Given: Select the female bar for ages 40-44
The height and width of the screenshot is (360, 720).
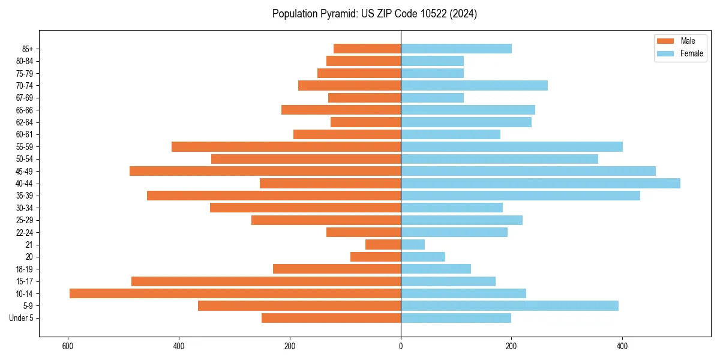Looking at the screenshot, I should (x=540, y=183).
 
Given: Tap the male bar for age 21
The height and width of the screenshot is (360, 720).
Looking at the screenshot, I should (x=383, y=244).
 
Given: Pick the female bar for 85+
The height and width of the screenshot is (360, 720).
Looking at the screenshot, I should (x=456, y=49).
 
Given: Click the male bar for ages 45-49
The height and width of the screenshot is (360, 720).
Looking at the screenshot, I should (x=265, y=171).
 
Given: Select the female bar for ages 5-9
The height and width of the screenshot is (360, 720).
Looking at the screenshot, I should (x=509, y=305).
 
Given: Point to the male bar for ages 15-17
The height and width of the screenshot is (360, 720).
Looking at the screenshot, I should (x=266, y=281).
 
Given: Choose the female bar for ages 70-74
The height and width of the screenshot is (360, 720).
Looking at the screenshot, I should (x=474, y=85).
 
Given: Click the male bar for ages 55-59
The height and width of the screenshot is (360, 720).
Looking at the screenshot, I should (x=286, y=146).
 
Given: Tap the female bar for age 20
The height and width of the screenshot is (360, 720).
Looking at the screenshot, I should (x=423, y=257).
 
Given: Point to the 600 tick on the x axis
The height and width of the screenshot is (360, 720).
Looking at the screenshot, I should (x=68, y=346).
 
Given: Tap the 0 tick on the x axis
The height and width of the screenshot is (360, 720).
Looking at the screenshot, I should (x=401, y=346).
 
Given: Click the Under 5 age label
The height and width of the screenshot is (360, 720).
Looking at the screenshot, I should (x=21, y=318).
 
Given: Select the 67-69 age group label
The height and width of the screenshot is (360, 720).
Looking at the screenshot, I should (x=25, y=98).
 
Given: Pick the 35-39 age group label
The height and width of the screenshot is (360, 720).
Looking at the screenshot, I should (x=25, y=196).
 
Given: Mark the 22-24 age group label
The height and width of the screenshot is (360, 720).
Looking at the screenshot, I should (x=25, y=232).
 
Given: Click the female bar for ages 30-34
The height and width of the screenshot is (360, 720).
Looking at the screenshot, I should (x=452, y=208).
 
